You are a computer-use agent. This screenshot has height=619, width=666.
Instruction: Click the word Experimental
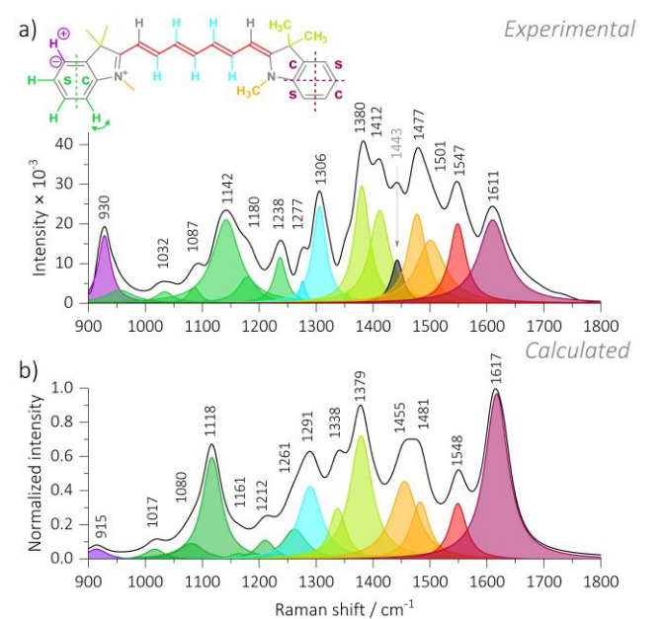pyautogui.click(x=569, y=29)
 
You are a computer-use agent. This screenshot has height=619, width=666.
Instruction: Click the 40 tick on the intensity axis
pyautogui.click(x=65, y=144)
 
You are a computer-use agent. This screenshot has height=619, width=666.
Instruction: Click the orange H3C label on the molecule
pyautogui.click(x=250, y=92)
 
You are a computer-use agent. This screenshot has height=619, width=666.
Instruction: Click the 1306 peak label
pyautogui.click(x=320, y=168)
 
